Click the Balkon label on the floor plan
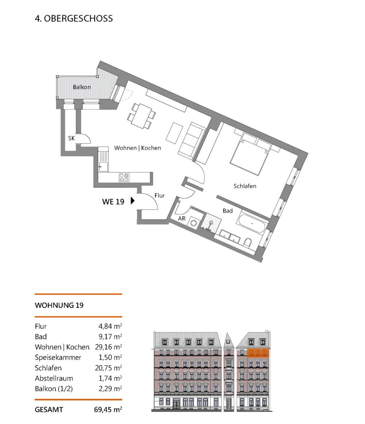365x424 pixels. coord(82,87)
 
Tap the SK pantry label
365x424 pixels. coord(71,138)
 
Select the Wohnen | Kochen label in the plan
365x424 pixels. coord(137,148)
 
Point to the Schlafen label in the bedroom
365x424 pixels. coord(245,186)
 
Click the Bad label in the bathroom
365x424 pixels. coord(228,211)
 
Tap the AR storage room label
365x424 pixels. coord(182,219)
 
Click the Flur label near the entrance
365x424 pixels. coord(159,196)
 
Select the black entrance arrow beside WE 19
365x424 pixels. coord(133,200)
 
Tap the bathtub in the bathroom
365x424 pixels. coord(251,224)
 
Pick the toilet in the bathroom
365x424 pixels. coord(247,243)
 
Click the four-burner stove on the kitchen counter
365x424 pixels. coord(124,177)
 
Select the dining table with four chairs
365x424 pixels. coord(142,116)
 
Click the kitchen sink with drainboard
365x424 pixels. coord(103,162)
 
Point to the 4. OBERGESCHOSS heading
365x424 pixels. coord(74,18)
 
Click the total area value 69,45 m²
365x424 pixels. coord(108,409)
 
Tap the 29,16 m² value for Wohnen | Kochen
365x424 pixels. coord(108,347)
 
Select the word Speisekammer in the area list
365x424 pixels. coord(58,358)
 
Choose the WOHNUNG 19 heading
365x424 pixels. coord(59,305)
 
